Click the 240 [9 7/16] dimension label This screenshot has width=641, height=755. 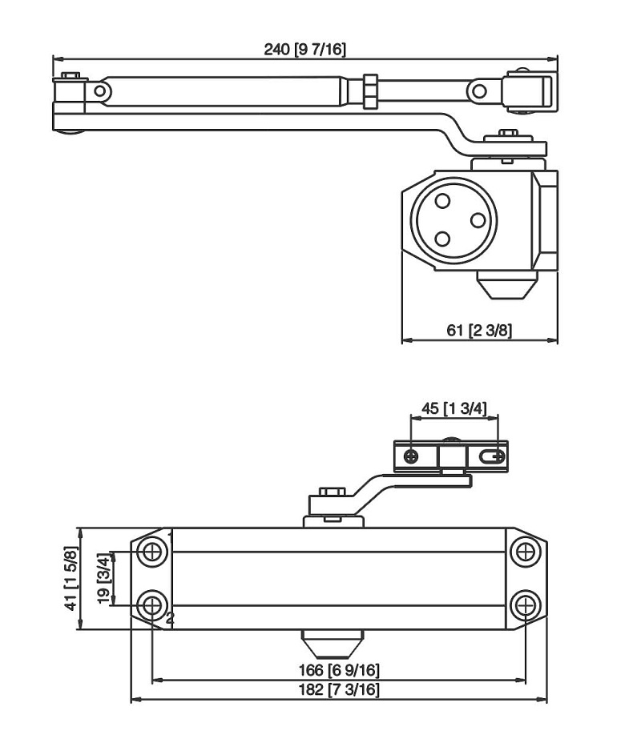pos(305,49)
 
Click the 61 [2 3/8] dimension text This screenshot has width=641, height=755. pos(479,331)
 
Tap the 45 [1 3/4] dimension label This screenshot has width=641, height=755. pos(454,408)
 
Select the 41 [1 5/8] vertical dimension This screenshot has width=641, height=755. pos(72,579)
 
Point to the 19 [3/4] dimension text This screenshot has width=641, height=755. pos(103,578)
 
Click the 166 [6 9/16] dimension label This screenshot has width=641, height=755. pos(340,669)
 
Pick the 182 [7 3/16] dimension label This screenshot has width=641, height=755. pos(340,690)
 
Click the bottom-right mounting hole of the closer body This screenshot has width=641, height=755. pos(523,605)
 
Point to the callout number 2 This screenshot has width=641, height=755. pos(170,618)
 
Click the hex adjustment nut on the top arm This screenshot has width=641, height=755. pos(369,90)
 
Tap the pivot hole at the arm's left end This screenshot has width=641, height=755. pos(99,90)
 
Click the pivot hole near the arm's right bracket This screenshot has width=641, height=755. pos(478,90)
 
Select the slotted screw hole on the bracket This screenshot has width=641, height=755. pos(492,456)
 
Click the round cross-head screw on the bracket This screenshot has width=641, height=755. pos(411,456)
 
